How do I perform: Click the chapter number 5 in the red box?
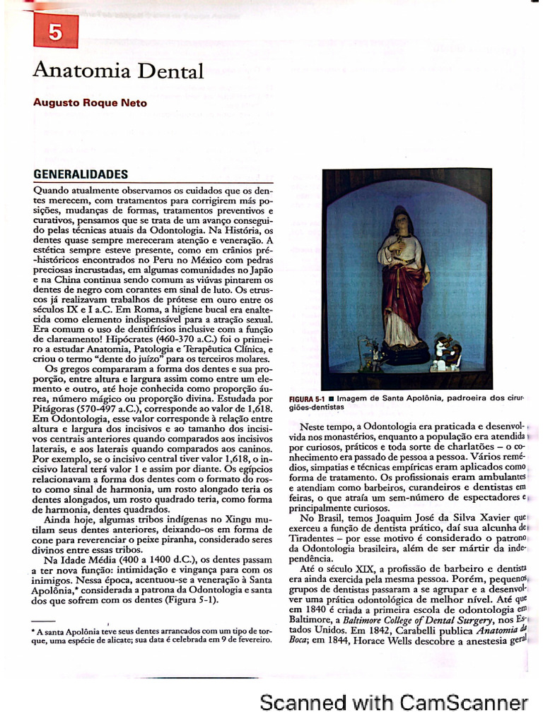pos(55,31)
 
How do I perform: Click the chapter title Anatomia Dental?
pos(118,71)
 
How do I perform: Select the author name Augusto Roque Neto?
pos(90,103)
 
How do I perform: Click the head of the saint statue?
pos(401,221)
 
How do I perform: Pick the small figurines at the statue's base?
pos(445,352)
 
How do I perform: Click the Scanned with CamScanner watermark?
pos(394,703)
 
